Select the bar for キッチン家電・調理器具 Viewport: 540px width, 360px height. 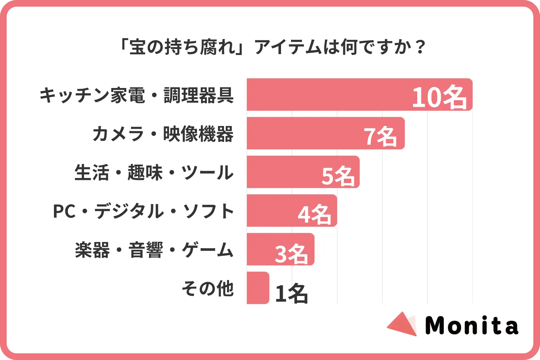click(327, 95)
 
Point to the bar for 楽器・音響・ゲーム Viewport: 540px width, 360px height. click(260, 249)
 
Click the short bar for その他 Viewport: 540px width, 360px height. click(258, 288)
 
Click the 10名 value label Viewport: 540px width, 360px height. click(439, 97)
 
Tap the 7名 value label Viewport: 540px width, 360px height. click(380, 136)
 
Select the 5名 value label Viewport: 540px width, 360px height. click(338, 175)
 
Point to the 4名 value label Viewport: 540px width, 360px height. click(314, 214)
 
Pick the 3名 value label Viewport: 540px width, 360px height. click(291, 253)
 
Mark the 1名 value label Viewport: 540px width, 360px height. click(291, 293)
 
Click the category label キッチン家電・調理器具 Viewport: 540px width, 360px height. click(137, 95)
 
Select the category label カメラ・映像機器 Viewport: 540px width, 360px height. click(163, 134)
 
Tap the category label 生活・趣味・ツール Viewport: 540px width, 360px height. click(154, 173)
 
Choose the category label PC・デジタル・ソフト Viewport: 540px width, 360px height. click(143, 211)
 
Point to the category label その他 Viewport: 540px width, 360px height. click(208, 288)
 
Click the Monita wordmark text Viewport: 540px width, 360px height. click(472, 326)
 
